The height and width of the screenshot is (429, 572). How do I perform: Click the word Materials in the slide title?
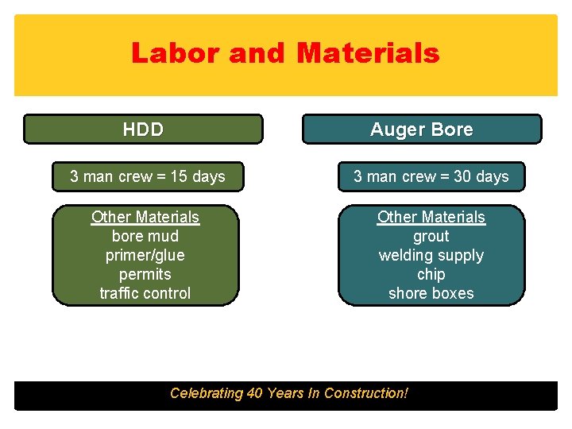(368, 53)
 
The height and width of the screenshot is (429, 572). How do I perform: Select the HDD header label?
(143, 129)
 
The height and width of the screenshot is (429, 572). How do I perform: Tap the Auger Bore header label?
(422, 129)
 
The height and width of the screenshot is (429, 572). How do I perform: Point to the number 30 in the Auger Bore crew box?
(462, 176)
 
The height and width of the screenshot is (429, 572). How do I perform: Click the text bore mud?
(145, 236)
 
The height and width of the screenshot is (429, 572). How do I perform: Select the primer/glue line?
(145, 255)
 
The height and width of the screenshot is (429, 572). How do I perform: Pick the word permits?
(145, 274)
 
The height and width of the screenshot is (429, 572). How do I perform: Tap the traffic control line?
(145, 293)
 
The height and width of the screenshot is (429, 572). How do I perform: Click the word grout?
(431, 236)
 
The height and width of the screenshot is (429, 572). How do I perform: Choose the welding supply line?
(431, 255)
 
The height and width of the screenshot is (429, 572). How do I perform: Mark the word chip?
(431, 274)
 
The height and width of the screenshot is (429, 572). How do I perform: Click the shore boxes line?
(431, 293)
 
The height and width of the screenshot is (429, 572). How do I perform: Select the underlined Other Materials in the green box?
(145, 217)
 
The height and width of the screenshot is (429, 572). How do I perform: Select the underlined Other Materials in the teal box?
(431, 217)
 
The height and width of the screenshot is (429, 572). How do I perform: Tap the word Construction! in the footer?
(366, 393)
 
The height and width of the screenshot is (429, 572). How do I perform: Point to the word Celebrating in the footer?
(207, 393)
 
